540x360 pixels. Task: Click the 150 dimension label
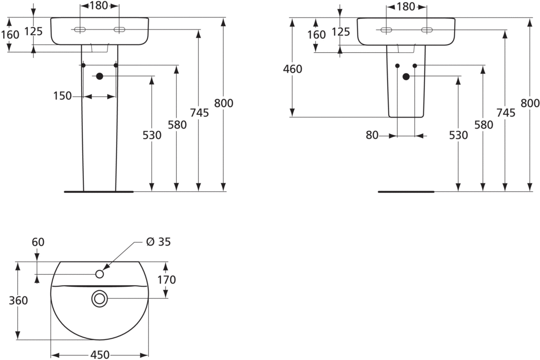point(62,96)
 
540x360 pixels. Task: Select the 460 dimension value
point(293,69)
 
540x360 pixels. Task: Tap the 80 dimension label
point(372,135)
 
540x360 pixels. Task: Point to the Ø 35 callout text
point(158,242)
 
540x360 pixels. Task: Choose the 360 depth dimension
point(18,300)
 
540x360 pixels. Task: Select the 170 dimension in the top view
point(167,279)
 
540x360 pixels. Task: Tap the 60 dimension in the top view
point(38,242)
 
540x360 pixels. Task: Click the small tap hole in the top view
point(100,274)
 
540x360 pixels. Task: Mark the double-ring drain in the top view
point(99,299)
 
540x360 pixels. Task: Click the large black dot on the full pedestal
point(99,76)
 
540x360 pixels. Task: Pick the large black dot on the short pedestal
point(406,76)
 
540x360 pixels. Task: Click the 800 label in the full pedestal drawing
point(224,103)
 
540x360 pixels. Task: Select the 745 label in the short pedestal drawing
point(505,112)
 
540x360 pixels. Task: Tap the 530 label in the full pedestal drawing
point(152,135)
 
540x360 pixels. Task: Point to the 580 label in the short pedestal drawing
point(483,125)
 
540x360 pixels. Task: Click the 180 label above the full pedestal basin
point(99,6)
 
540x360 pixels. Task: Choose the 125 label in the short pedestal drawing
point(341,32)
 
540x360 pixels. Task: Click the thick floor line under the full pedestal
point(99,192)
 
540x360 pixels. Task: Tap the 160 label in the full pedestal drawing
point(10,35)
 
